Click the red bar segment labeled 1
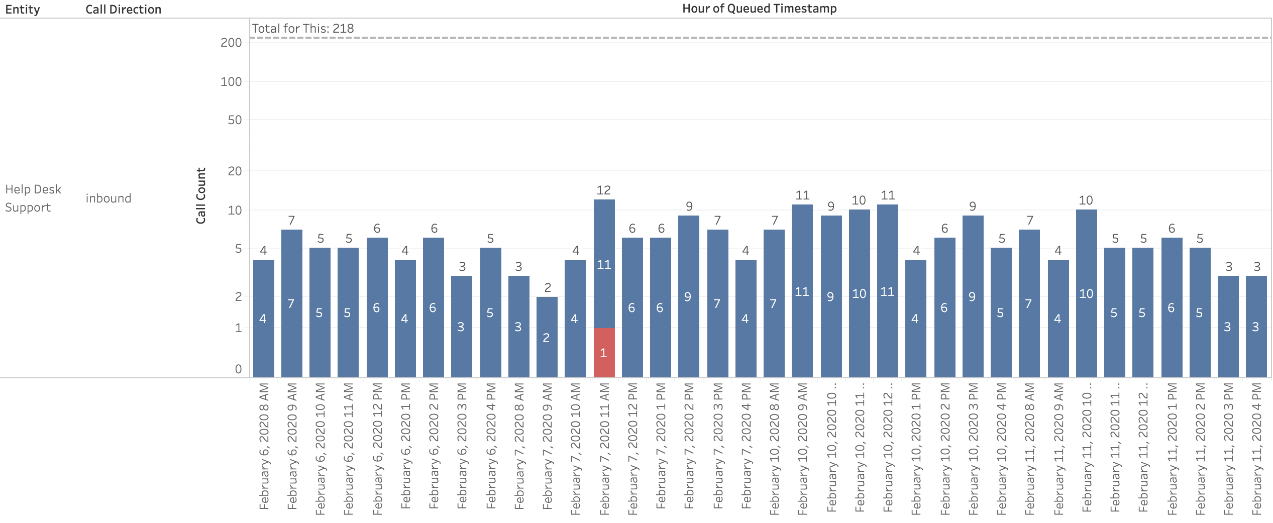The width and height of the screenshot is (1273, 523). [x=604, y=353]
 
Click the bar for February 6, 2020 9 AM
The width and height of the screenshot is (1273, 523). [x=291, y=303]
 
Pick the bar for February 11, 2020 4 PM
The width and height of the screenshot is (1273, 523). [x=1256, y=327]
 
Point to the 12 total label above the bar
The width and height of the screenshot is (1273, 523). [x=604, y=190]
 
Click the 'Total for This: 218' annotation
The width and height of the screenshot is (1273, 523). [x=303, y=29]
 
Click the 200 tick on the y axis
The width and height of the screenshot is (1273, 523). [x=231, y=43]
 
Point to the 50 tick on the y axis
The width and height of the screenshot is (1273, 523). [x=235, y=120]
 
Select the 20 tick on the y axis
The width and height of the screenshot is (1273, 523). [x=235, y=171]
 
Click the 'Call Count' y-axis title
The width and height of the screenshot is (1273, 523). [x=201, y=196]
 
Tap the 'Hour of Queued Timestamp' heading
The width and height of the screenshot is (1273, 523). [x=759, y=9]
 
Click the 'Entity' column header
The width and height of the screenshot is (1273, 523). [x=23, y=10]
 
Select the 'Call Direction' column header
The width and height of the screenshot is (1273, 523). [x=123, y=10]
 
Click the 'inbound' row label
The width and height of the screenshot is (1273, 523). [x=108, y=198]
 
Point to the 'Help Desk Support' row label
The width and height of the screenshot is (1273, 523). [x=33, y=198]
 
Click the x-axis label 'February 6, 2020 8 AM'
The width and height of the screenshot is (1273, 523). [x=264, y=446]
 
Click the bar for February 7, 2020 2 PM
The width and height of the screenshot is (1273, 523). [x=688, y=296]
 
